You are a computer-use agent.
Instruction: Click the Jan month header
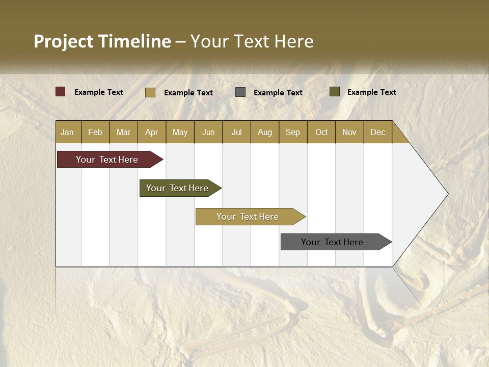(68, 132)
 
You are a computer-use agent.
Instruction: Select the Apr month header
(152, 132)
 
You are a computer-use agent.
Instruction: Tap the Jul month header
(236, 132)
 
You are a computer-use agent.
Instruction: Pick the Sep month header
(292, 132)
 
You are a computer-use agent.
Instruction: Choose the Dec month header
(377, 132)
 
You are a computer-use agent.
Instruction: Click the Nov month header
(349, 132)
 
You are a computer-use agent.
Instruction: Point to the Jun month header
(208, 132)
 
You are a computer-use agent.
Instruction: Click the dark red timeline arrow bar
(107, 160)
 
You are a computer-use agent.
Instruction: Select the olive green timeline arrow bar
(177, 188)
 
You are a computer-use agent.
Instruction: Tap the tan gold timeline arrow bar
(248, 217)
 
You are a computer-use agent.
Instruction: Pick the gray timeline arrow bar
(332, 242)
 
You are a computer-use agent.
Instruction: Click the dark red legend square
(61, 92)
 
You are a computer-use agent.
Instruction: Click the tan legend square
(150, 92)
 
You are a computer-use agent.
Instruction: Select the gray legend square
(240, 92)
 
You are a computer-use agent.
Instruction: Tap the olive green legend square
(335, 92)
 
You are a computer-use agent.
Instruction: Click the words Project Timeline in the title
(102, 41)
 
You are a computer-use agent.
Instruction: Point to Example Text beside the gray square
(278, 93)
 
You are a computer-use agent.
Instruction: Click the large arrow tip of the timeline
(433, 194)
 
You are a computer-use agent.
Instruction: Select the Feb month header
(95, 132)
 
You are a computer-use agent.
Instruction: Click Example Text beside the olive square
(372, 92)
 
